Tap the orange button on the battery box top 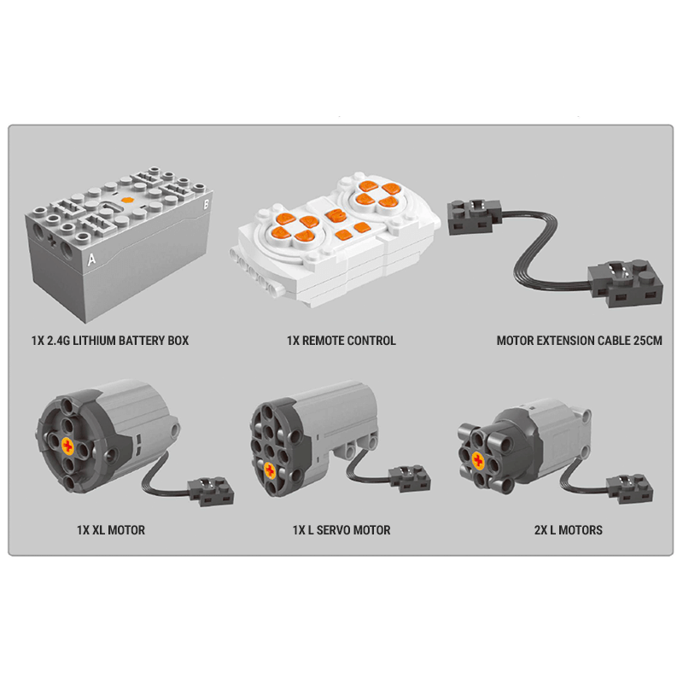click(127, 201)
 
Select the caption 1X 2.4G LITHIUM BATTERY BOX click(110, 341)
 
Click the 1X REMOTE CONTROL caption click(341, 341)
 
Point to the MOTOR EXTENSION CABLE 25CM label click(580, 341)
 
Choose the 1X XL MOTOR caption click(110, 530)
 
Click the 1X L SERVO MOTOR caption click(341, 530)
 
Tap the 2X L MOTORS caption click(568, 530)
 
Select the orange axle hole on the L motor click(477, 462)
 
